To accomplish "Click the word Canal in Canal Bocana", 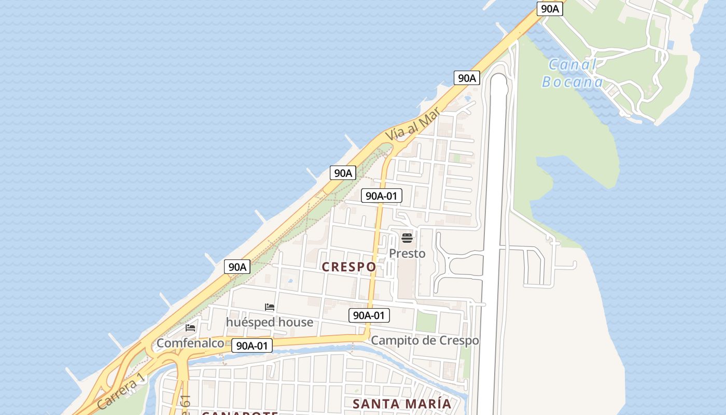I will tap(573, 65).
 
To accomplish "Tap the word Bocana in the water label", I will tap(573, 82).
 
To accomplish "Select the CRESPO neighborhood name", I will tap(349, 267).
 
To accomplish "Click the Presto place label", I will tap(407, 253).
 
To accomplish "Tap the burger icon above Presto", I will tap(407, 238).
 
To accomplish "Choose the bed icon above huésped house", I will tap(270, 307).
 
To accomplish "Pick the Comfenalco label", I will tap(190, 343).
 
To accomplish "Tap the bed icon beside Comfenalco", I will tap(190, 328).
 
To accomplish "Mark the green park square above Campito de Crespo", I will tap(426, 322).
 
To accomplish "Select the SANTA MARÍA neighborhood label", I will tap(402, 404).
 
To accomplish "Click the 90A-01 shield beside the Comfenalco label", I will tap(252, 345).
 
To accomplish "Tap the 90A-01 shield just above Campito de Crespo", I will tap(369, 315).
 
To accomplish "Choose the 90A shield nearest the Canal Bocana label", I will tap(550, 8).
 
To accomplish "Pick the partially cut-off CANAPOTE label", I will tap(240, 412).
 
